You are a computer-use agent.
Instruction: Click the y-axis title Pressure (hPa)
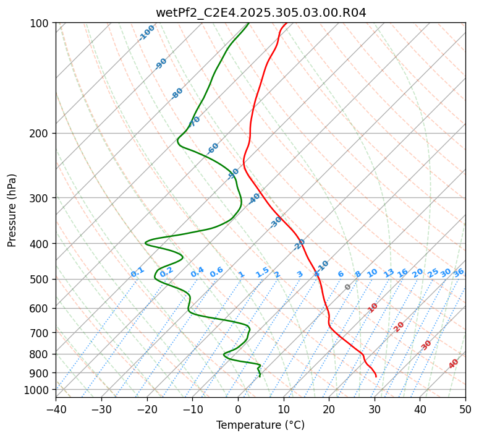[x=12, y=210]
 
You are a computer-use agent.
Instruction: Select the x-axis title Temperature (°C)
[x=260, y=426]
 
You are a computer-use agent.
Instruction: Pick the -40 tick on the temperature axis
[x=56, y=410]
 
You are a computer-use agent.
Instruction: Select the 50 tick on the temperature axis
[x=465, y=410]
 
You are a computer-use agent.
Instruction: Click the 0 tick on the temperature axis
[x=238, y=410]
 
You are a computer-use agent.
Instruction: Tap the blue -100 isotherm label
[x=147, y=32]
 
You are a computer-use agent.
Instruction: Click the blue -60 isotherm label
[x=213, y=148]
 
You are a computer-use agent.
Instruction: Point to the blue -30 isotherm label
[x=276, y=222]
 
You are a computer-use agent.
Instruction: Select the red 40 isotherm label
[x=454, y=363]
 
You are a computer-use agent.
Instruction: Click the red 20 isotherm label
[x=399, y=326]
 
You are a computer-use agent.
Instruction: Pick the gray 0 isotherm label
[x=348, y=287]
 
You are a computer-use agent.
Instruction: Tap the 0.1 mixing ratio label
[x=137, y=272]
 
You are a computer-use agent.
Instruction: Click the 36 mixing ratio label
[x=459, y=272]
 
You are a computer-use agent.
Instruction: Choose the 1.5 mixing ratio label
[x=262, y=272]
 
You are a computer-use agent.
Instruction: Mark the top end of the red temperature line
[x=286, y=23]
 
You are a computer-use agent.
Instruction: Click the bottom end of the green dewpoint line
[x=260, y=376]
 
